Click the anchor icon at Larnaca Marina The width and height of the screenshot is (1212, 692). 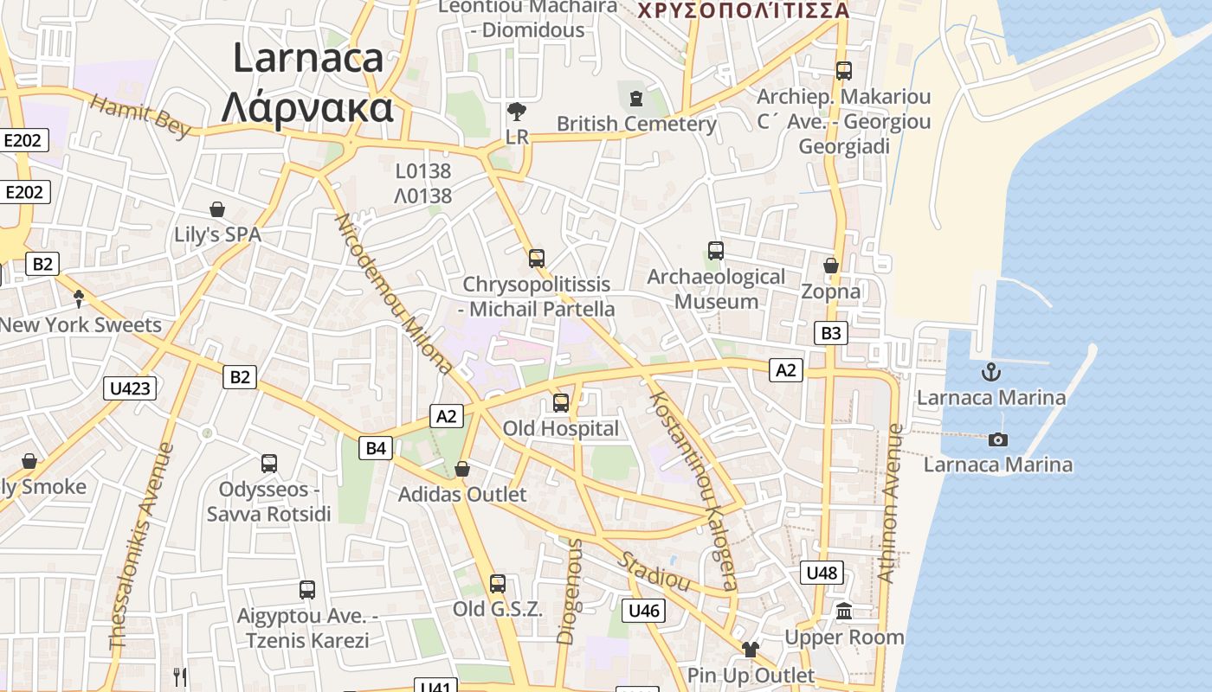[x=990, y=373]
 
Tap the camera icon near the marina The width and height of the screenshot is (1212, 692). [x=997, y=439]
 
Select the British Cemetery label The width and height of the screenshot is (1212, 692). [x=636, y=124]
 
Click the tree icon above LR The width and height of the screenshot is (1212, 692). [x=517, y=112]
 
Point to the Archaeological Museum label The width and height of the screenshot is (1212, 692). [x=716, y=289]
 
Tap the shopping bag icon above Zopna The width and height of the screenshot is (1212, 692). [x=831, y=266]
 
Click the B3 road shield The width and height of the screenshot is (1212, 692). [x=830, y=333]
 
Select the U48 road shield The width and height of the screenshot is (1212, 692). [x=821, y=573]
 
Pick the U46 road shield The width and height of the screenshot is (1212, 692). [x=644, y=611]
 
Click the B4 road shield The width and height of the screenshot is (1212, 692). [x=376, y=448]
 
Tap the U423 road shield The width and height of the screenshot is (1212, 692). [x=131, y=388]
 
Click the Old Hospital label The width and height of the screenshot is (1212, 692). [x=561, y=428]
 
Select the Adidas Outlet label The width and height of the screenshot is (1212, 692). [x=461, y=495]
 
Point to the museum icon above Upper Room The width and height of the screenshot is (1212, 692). [x=844, y=612]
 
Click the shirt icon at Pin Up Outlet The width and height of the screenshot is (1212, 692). [x=750, y=650]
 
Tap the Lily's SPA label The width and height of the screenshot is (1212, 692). [x=217, y=234]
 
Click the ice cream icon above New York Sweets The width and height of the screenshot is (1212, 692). [x=79, y=299]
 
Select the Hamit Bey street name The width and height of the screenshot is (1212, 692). [x=139, y=117]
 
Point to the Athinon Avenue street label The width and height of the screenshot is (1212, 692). [x=890, y=503]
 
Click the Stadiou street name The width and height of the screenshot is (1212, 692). [x=653, y=569]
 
